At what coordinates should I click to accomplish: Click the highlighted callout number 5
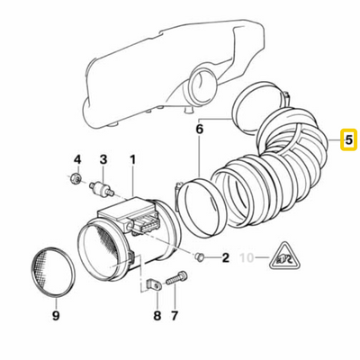coord(346,140)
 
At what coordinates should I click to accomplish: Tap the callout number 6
coord(201,129)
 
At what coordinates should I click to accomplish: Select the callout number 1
coord(132,159)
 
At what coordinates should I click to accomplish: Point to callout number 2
coord(225,259)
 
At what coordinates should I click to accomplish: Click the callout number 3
coord(103,159)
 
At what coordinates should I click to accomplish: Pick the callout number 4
coord(76,159)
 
